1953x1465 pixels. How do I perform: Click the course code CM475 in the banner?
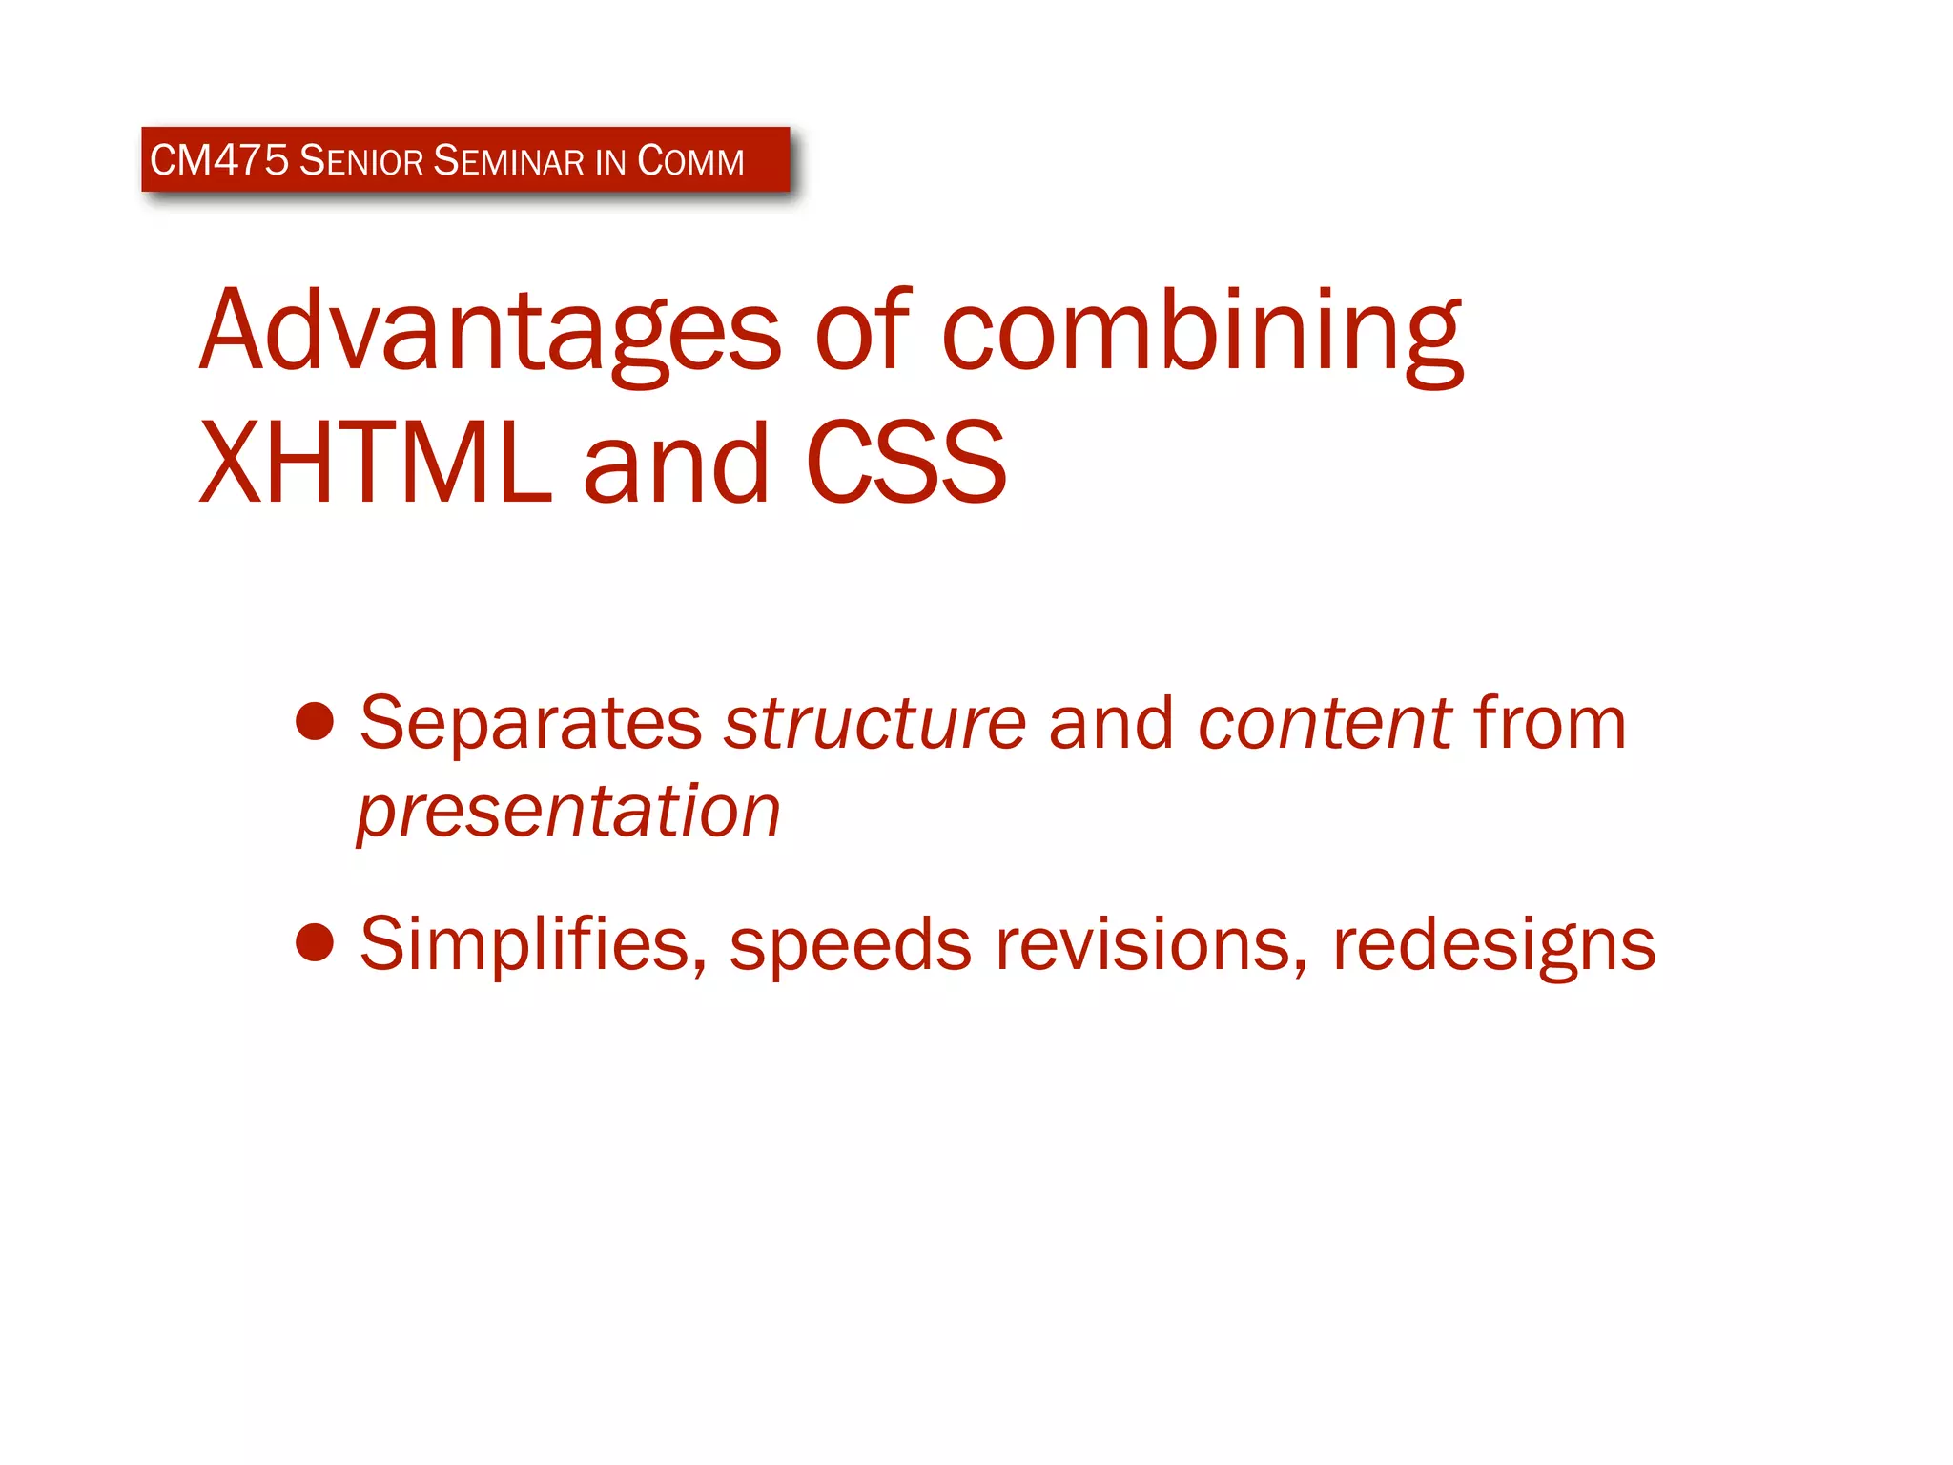click(x=218, y=160)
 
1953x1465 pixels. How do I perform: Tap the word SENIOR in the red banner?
click(x=360, y=160)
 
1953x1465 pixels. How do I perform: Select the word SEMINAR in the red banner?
click(x=508, y=160)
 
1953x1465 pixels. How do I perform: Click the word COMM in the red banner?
click(x=690, y=160)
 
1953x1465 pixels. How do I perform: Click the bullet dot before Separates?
click(x=315, y=722)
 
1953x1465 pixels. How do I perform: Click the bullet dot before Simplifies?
click(x=315, y=943)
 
